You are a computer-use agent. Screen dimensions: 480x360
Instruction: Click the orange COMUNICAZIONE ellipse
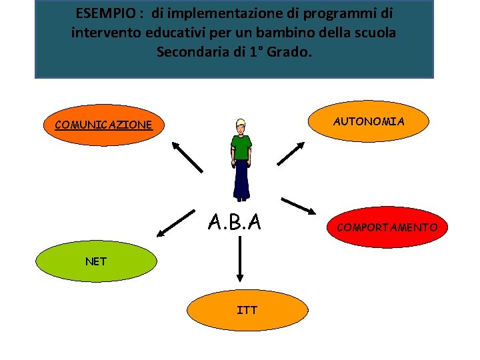[x=103, y=125]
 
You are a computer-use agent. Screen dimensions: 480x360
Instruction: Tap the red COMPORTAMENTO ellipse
[x=387, y=227]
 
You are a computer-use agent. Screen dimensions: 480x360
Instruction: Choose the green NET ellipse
[x=96, y=261]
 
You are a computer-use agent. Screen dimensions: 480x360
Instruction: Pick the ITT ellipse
[x=247, y=310]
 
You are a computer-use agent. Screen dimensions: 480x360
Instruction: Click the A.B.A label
[x=234, y=221]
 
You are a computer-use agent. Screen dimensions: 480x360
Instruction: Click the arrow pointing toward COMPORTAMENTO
[x=299, y=207]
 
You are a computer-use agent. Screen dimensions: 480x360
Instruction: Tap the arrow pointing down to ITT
[x=239, y=262]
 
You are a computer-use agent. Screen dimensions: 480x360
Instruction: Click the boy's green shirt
[x=241, y=147]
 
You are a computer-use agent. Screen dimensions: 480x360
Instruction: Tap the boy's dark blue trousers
[x=241, y=180]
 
